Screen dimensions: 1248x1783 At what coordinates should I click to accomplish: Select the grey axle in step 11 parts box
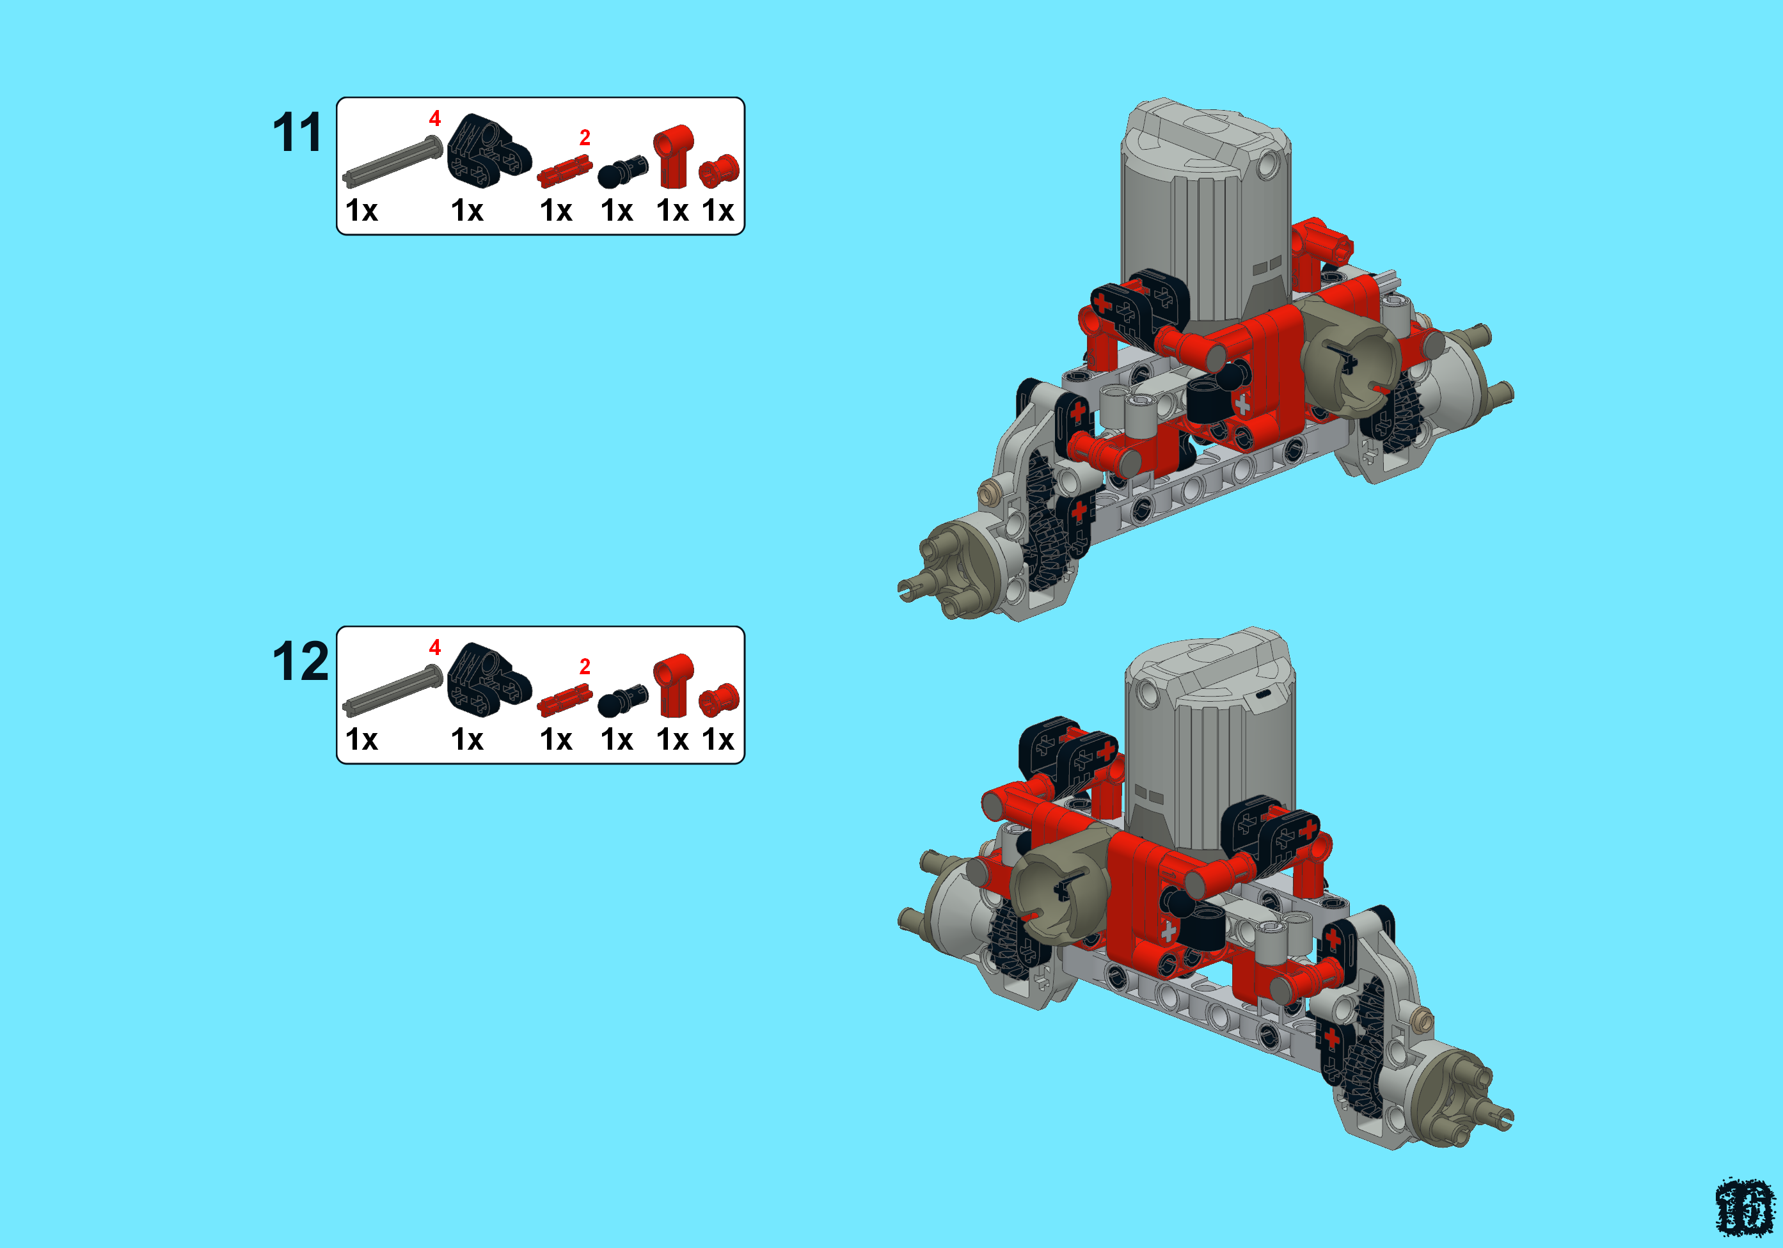point(392,162)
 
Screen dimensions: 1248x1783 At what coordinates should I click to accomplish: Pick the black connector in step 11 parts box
point(487,152)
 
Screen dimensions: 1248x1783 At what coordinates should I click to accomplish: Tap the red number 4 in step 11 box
point(435,119)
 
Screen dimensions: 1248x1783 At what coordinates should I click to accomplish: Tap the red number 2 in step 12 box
point(585,667)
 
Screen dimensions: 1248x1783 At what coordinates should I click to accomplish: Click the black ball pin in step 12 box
point(621,700)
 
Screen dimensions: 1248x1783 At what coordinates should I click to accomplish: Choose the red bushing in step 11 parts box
point(718,170)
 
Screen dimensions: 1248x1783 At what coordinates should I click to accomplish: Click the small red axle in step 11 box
point(564,171)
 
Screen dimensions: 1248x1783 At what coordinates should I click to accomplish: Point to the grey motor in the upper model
point(1205,210)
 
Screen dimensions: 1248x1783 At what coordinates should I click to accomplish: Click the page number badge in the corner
point(1744,1208)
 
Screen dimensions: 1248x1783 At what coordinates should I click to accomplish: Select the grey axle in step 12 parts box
point(392,691)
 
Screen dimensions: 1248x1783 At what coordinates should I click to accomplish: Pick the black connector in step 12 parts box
point(487,681)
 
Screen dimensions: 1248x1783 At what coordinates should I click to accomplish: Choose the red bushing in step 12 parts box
point(718,699)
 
